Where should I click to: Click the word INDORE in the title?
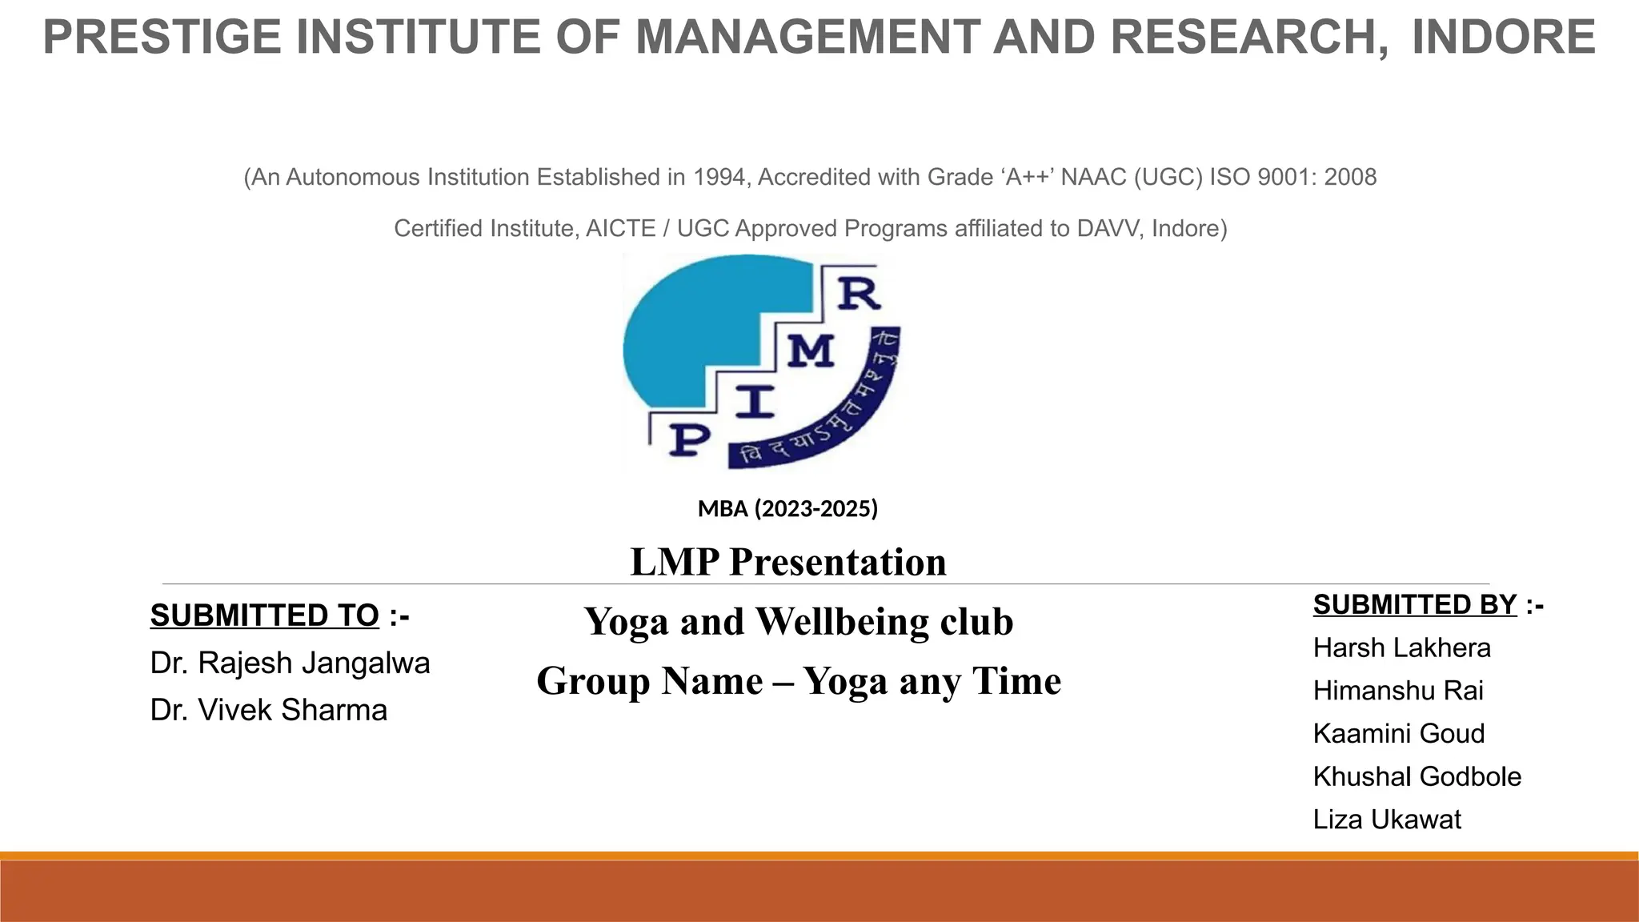(1503, 38)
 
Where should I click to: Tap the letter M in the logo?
(811, 351)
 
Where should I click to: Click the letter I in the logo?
(754, 401)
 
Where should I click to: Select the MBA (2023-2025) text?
(787, 508)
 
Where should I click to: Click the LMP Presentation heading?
(787, 562)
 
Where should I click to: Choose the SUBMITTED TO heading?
(264, 615)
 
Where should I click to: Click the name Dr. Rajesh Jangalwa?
(290, 663)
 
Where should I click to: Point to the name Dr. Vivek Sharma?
(268, 710)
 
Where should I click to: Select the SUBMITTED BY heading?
(1414, 604)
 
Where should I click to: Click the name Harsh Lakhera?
(1401, 647)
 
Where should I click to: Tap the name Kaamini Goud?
(1398, 733)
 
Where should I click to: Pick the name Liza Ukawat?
(1386, 819)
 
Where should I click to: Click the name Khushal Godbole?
(1417, 776)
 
